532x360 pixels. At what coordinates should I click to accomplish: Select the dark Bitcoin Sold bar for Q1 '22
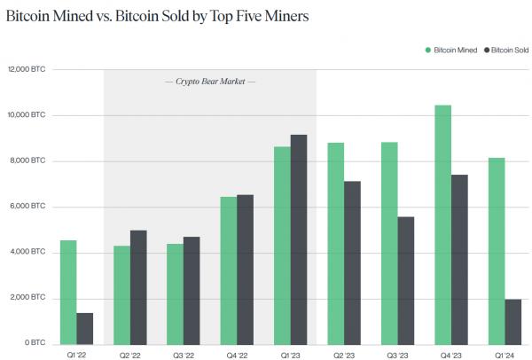click(84, 328)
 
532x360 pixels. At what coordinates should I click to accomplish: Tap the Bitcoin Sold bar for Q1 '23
click(299, 239)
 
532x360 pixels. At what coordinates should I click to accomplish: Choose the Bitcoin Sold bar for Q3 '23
click(407, 280)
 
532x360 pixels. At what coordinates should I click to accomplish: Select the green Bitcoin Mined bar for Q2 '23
click(336, 243)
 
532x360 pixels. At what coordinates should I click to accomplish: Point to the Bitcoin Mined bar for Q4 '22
click(228, 270)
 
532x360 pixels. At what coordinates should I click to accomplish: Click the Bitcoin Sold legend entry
click(508, 50)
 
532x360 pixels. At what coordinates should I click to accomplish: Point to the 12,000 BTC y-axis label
click(26, 69)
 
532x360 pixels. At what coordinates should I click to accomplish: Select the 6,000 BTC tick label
click(27, 207)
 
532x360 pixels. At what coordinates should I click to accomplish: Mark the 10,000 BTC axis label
click(26, 115)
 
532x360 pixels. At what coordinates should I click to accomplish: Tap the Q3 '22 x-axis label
click(183, 354)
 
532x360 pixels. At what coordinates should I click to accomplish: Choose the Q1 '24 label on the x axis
click(505, 354)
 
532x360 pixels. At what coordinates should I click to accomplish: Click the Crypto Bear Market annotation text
click(210, 82)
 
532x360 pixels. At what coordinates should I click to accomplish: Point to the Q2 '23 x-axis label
click(344, 354)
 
